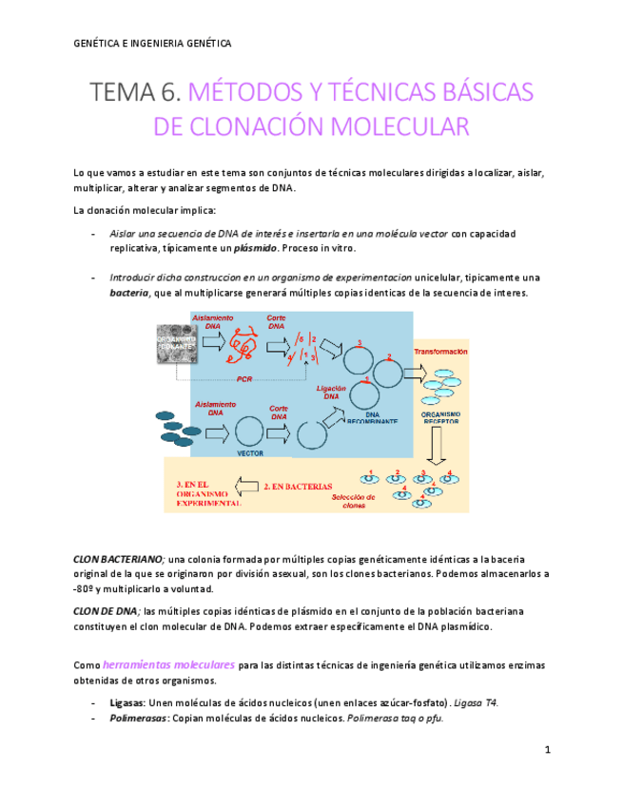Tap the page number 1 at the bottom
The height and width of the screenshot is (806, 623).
[x=548, y=751]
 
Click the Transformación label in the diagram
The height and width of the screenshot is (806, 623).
[x=440, y=352]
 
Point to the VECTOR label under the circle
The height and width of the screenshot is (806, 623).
[x=250, y=452]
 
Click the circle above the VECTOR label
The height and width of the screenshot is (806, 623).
[x=249, y=432]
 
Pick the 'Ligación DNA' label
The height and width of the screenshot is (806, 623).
[x=328, y=392]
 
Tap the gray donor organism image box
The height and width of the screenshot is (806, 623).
[x=178, y=343]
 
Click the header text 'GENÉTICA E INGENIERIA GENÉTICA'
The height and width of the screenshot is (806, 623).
[x=151, y=44]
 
